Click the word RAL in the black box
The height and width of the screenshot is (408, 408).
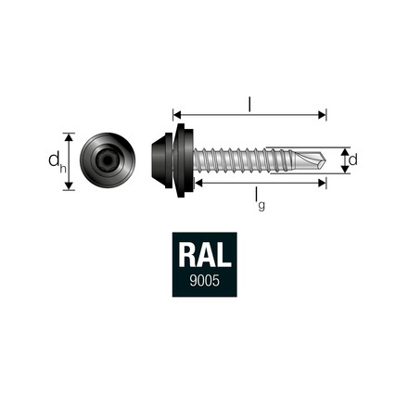203,257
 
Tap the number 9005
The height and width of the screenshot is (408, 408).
203,281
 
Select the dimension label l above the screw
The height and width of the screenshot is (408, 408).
249,103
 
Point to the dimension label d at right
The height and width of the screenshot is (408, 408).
353,160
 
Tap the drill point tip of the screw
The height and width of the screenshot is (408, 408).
325,158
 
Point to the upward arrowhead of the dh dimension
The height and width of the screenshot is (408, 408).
68,133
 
